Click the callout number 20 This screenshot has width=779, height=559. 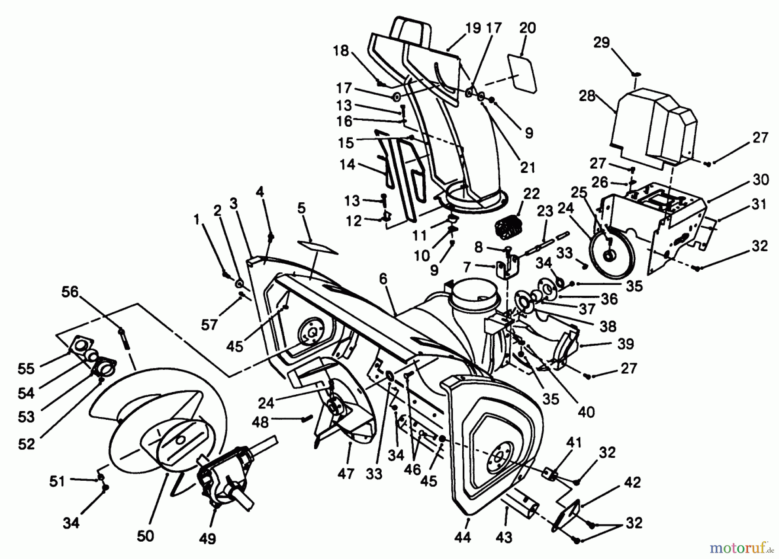pos(527,28)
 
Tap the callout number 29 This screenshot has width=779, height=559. pos(602,43)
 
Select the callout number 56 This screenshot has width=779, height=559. pos(70,292)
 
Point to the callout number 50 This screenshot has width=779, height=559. pos(145,536)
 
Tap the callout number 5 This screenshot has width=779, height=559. pos(301,208)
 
